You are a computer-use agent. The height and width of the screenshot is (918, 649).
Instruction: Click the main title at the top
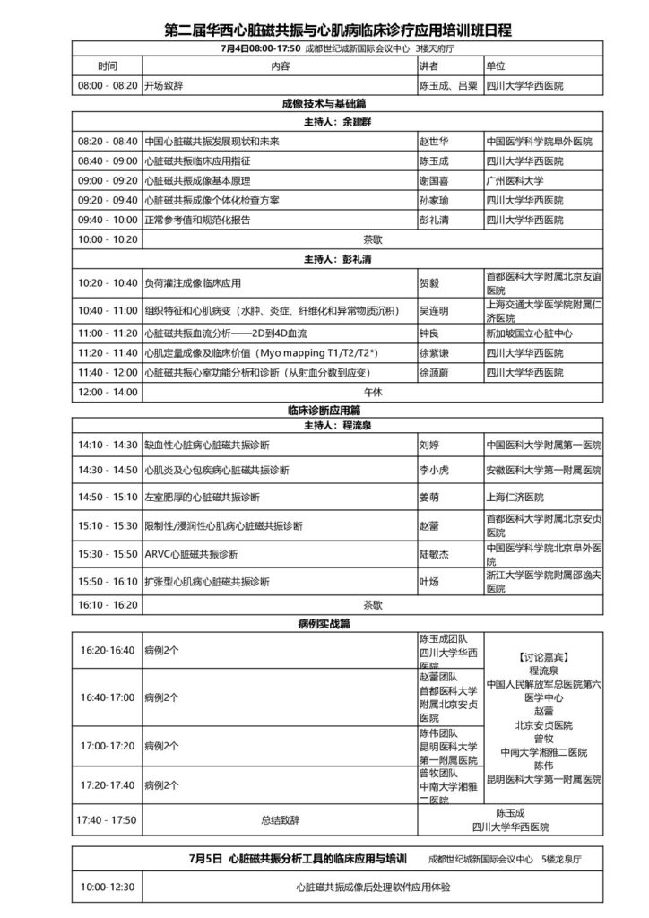click(x=338, y=30)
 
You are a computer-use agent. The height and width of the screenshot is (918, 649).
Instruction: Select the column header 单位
click(x=495, y=66)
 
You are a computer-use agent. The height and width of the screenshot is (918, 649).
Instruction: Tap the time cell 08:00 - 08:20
click(x=108, y=86)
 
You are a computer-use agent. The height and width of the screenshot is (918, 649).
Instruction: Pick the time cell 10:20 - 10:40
click(x=108, y=283)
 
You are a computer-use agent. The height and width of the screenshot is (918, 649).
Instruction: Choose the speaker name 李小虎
click(x=435, y=470)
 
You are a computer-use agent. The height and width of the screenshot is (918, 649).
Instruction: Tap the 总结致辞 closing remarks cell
click(x=281, y=819)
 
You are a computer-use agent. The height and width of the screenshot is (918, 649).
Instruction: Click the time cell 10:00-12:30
click(x=108, y=888)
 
